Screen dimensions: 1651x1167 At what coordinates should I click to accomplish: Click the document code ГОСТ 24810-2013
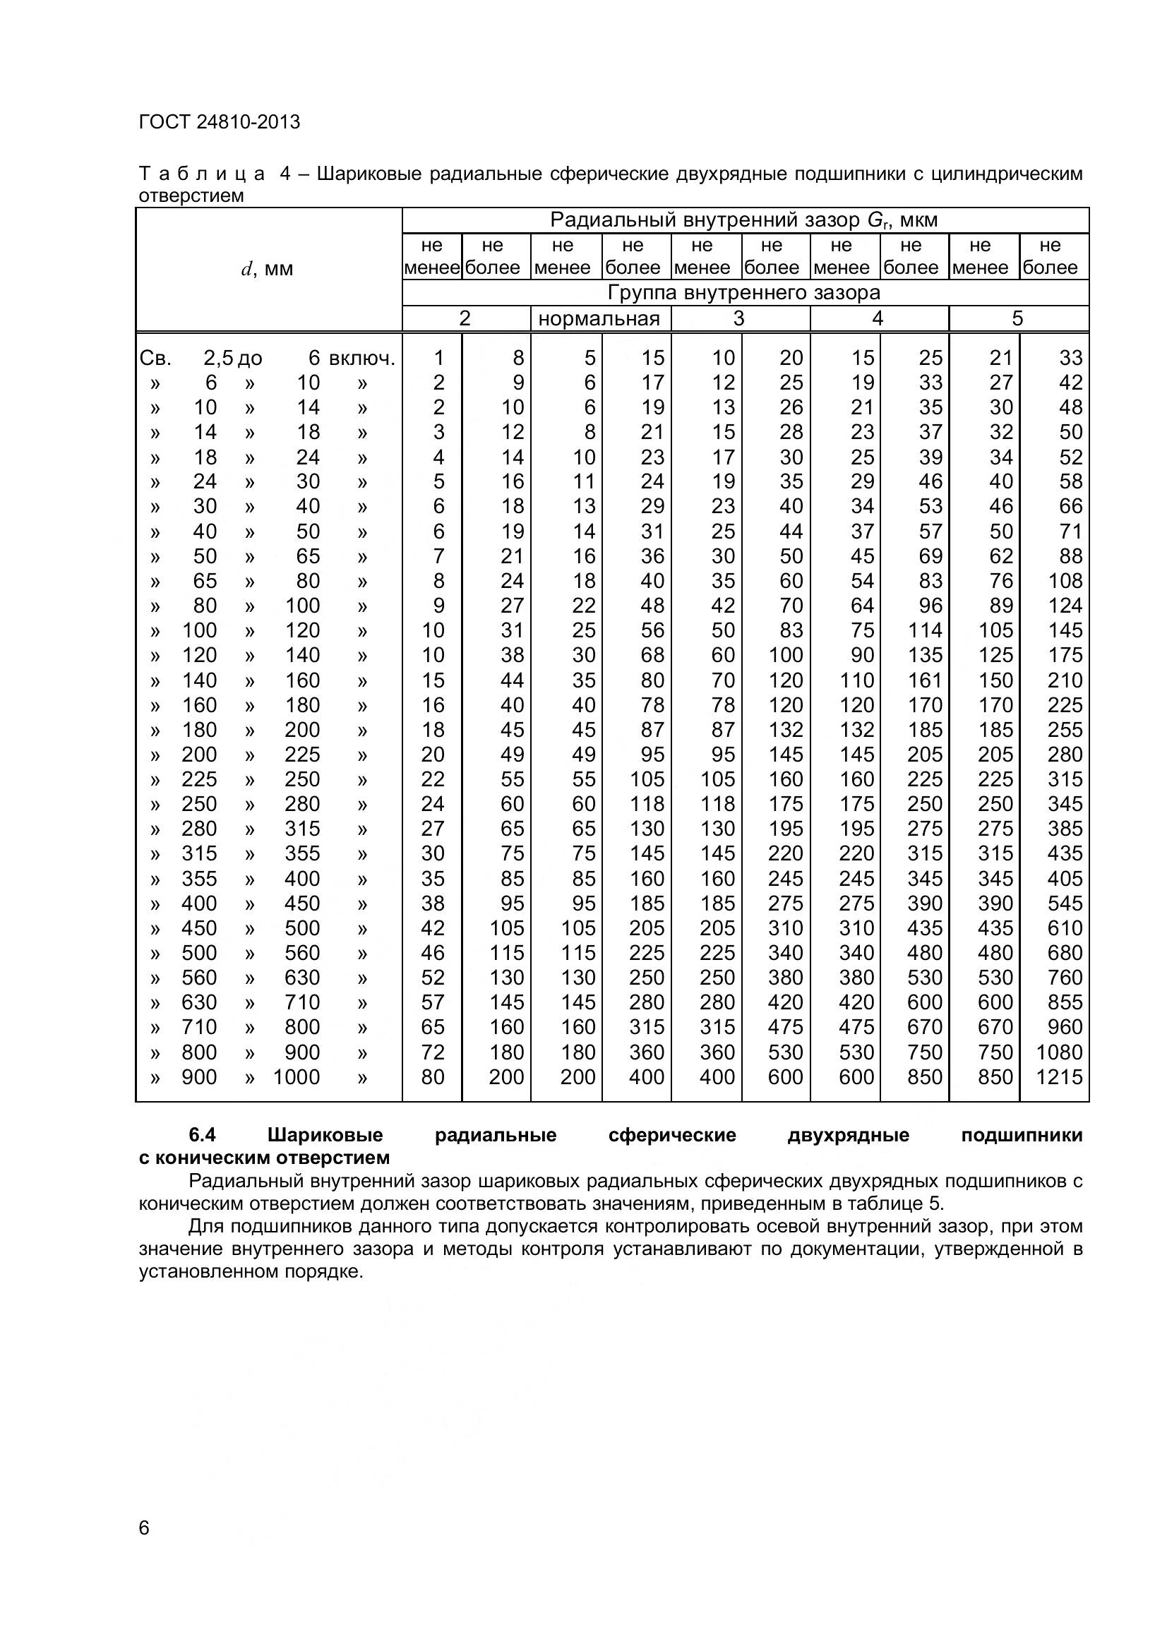pyautogui.click(x=220, y=122)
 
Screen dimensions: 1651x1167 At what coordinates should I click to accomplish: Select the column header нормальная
pyautogui.click(x=599, y=318)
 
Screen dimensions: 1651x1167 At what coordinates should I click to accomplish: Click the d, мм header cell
pyautogui.click(x=268, y=270)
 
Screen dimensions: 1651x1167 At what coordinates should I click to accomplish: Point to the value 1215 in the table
pyautogui.click(x=1065, y=1077)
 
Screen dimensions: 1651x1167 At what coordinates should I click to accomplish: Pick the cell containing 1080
pyautogui.click(x=1059, y=1052)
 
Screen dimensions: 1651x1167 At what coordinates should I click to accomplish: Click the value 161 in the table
pyautogui.click(x=925, y=680)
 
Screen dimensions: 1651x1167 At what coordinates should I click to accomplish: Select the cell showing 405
pyautogui.click(x=1065, y=879)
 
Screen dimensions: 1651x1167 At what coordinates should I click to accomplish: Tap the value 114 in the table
pyautogui.click(x=925, y=630)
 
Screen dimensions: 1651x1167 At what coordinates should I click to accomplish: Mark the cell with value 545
pyautogui.click(x=1065, y=903)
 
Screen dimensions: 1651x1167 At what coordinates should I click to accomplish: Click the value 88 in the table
pyautogui.click(x=1071, y=556)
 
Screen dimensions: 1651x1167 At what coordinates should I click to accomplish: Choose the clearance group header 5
pyautogui.click(x=1017, y=318)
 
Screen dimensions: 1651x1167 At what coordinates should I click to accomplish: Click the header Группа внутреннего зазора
pyautogui.click(x=744, y=293)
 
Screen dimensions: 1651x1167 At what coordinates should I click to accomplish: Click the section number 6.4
pyautogui.click(x=203, y=1136)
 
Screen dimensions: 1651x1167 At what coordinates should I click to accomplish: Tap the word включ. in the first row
pyautogui.click(x=362, y=358)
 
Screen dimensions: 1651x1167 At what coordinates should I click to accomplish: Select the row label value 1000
pyautogui.click(x=297, y=1077)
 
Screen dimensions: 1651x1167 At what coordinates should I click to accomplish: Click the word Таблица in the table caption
pyautogui.click(x=203, y=174)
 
